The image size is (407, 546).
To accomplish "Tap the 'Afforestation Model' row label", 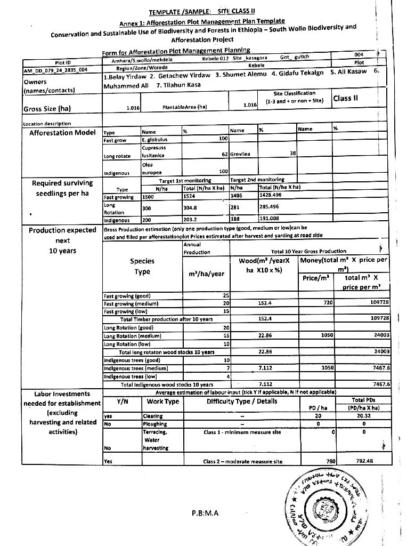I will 62,132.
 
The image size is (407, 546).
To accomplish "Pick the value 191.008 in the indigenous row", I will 270,218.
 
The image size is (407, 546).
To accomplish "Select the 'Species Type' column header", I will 142,266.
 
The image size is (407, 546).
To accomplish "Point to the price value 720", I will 328,302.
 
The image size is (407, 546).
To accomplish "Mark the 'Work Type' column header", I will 163,401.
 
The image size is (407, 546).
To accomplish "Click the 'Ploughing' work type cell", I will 155,424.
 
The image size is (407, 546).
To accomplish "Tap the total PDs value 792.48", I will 364,461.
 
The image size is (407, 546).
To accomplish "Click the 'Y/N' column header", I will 121,401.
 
